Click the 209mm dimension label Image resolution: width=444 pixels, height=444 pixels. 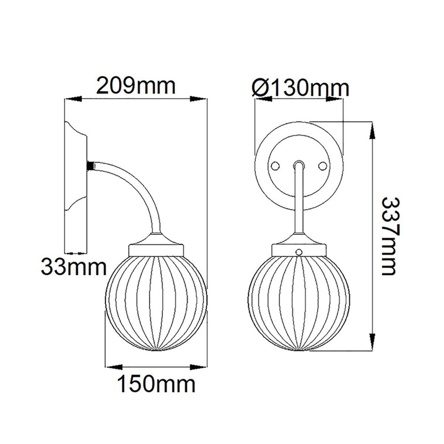135,87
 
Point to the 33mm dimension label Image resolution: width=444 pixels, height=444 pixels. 74,267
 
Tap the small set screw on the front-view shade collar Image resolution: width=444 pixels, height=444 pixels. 299,252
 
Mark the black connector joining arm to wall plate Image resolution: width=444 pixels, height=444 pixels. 90,165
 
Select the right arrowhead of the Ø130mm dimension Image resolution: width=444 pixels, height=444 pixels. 335,99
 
